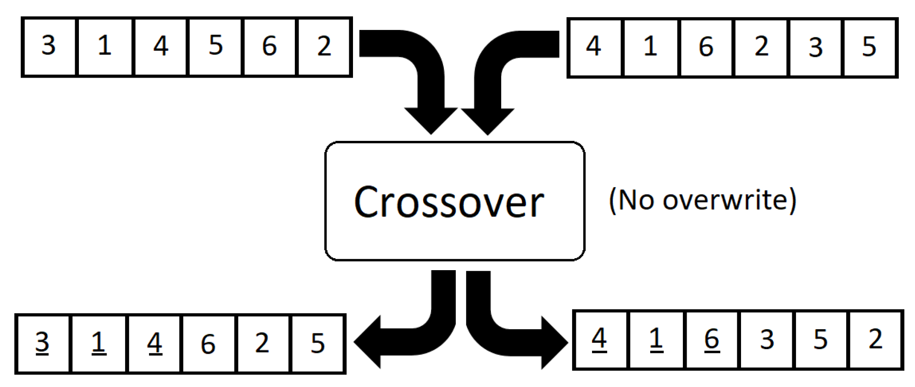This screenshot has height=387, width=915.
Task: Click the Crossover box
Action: click(455, 201)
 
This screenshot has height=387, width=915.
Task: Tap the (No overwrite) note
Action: click(702, 200)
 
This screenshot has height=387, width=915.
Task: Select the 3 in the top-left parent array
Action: click(49, 46)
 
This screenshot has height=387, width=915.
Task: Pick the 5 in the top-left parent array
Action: click(215, 46)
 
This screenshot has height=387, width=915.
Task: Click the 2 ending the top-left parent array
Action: click(324, 46)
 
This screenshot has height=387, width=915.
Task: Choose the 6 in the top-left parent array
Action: click(269, 46)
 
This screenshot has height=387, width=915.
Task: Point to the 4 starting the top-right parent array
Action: click(594, 46)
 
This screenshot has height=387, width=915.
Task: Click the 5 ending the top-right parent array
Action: click(869, 47)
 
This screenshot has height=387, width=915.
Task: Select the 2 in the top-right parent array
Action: click(762, 46)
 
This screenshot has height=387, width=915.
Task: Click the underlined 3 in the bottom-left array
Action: click(42, 343)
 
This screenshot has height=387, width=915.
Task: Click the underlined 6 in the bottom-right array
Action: click(712, 339)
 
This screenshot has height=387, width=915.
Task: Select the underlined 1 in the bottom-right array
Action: click(656, 339)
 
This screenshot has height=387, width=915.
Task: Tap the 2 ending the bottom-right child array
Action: click(876, 339)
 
